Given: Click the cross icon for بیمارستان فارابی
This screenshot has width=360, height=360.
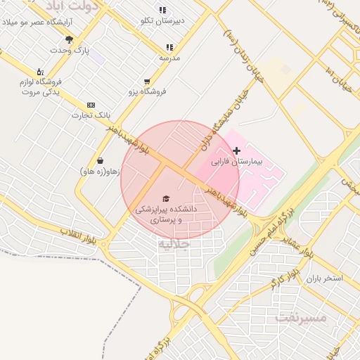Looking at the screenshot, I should point(236,150).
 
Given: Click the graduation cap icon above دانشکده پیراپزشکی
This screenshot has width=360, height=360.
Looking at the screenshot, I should point(166,199).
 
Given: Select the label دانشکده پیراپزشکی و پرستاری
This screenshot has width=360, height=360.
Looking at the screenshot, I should point(166,214).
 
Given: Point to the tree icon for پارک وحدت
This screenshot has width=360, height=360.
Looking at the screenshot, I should point(69,39).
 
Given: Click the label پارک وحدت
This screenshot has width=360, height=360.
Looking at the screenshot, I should point(70,51).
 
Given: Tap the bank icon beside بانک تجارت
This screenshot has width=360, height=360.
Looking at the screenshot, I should point(91,105).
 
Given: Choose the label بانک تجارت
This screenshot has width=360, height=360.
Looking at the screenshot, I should point(91,115).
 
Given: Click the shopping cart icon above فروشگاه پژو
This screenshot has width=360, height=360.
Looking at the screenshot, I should point(146,82).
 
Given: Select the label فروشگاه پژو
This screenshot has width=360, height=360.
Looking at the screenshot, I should point(146,91).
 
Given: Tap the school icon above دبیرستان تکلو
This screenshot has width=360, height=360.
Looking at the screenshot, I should point(162,11).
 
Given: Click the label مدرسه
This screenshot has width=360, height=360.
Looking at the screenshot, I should point(169,58).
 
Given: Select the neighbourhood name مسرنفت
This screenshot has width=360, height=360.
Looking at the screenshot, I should point(302,317).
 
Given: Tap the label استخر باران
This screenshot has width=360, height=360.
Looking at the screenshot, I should point(323,278).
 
